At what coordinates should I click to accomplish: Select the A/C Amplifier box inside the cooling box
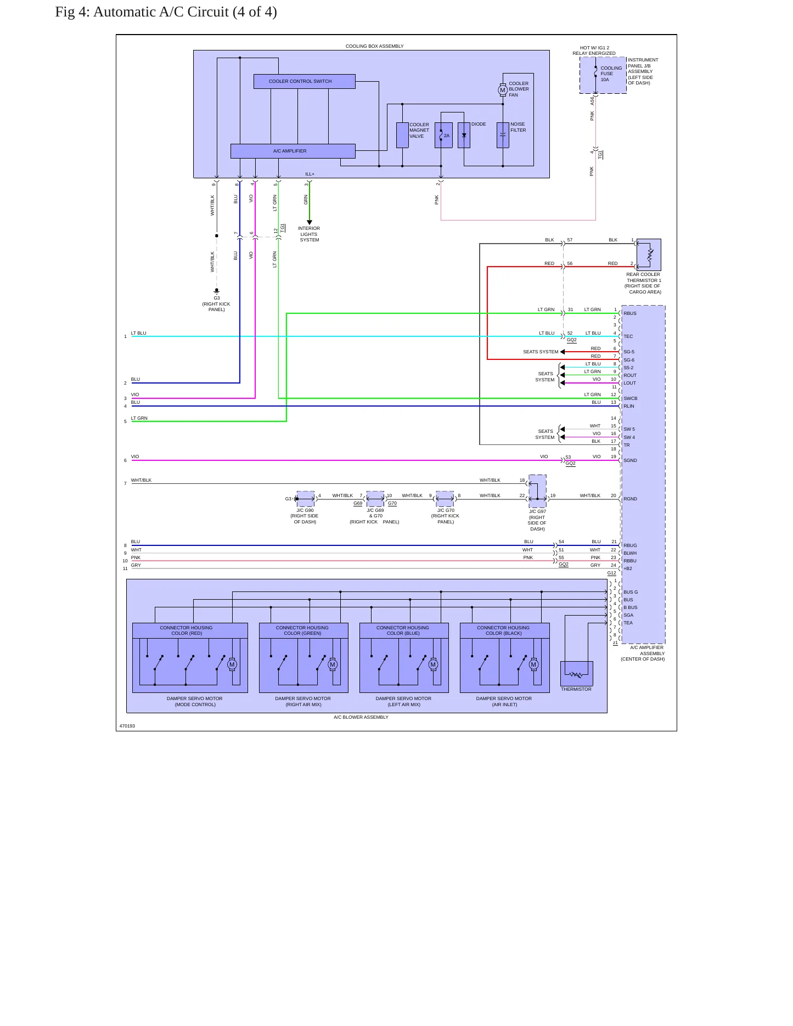[x=293, y=151]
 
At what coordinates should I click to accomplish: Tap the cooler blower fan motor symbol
[x=502, y=90]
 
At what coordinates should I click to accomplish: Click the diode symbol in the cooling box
[x=464, y=135]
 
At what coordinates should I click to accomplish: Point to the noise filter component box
[x=503, y=135]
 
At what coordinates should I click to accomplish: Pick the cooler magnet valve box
[x=402, y=135]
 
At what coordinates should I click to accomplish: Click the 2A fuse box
[x=443, y=135]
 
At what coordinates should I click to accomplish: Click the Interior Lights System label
[x=309, y=234]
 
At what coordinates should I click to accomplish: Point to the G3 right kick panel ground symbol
[x=217, y=291]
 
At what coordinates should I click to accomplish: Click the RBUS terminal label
[x=630, y=313]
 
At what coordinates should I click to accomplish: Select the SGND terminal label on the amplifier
[x=630, y=460]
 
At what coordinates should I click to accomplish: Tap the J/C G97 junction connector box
[x=537, y=491]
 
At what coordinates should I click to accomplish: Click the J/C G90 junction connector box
[x=306, y=499]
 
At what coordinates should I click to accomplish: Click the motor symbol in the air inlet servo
[x=533, y=664]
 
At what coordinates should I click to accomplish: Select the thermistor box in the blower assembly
[x=577, y=674]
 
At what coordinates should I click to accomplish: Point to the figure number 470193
[x=127, y=726]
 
